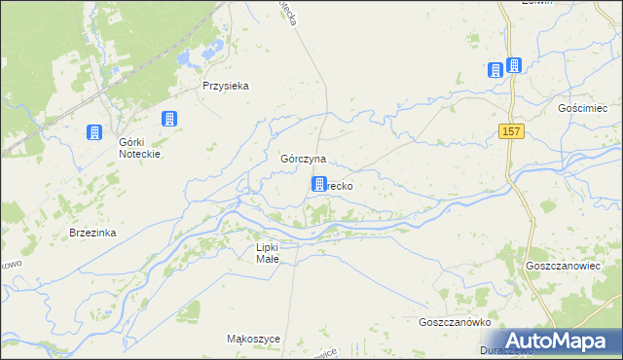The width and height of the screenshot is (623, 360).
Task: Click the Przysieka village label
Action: pyautogui.click(x=226, y=86)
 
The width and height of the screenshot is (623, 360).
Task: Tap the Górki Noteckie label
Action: pyautogui.click(x=138, y=147)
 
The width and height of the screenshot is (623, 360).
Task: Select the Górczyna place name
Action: pyautogui.click(x=303, y=158)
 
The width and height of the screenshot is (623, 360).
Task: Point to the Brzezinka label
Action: pyautogui.click(x=93, y=233)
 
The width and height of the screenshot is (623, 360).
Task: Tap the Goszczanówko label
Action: pyautogui.click(x=453, y=322)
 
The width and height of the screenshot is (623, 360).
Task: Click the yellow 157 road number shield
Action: pyautogui.click(x=513, y=131)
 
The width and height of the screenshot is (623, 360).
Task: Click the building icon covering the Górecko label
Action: pyautogui.click(x=318, y=183)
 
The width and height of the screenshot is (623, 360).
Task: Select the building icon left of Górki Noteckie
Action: pyautogui.click(x=94, y=132)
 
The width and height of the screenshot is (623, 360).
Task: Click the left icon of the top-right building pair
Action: pyautogui.click(x=495, y=69)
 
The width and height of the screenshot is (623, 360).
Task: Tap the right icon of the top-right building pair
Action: pyautogui.click(x=514, y=65)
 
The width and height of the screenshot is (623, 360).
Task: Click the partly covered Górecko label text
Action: pyautogui.click(x=340, y=185)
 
